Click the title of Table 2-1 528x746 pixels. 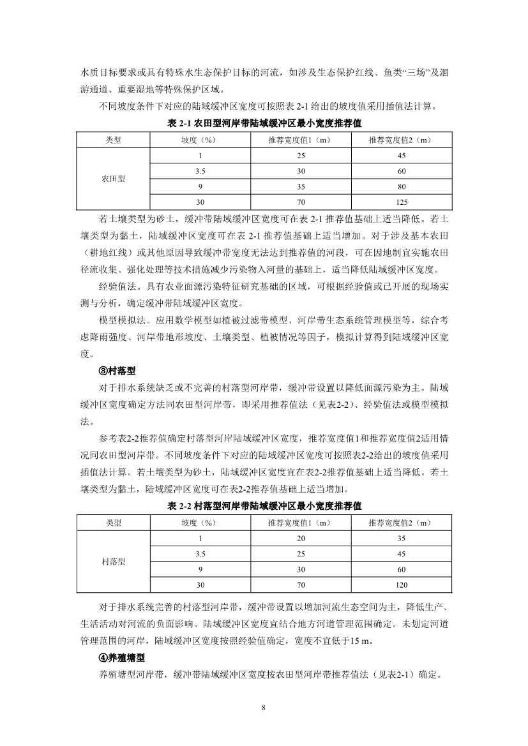(264, 123)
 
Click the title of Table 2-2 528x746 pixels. (264, 506)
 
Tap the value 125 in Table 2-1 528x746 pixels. (402, 202)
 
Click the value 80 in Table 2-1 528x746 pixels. (402, 187)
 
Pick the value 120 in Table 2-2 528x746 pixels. (402, 585)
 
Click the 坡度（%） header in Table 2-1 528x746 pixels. (200, 140)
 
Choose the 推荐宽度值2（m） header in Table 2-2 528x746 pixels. (401, 523)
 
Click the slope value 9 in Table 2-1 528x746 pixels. (200, 187)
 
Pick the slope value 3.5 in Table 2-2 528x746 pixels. (200, 554)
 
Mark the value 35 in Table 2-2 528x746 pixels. (402, 539)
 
